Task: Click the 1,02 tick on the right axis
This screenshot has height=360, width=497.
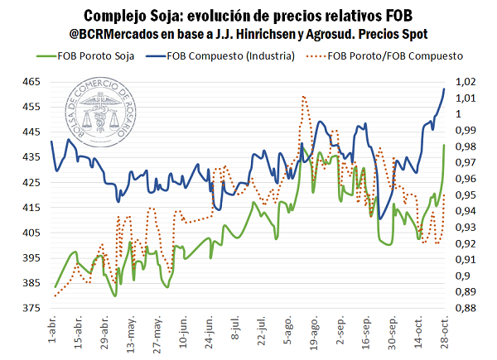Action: coord(465,82)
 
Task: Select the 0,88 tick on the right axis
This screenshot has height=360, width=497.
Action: coord(465,308)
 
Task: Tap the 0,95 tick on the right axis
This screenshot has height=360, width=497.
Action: coord(465,195)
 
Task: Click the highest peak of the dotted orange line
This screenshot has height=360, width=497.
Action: coord(305,97)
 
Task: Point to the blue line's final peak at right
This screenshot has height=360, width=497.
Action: coord(445,89)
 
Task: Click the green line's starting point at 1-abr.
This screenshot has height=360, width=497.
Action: coord(55,286)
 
